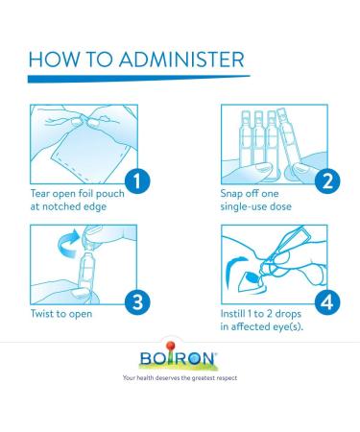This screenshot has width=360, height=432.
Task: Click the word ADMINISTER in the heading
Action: (x=181, y=60)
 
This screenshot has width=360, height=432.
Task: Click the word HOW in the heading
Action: (x=54, y=60)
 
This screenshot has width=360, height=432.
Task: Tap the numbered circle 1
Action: (x=137, y=181)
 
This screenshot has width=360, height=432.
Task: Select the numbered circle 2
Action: (x=327, y=181)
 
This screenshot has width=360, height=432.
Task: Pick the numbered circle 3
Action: (x=137, y=301)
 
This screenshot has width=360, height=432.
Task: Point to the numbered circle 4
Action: (x=327, y=301)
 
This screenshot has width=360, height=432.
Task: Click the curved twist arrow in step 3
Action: (x=68, y=244)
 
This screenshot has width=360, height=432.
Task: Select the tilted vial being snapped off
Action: (x=289, y=139)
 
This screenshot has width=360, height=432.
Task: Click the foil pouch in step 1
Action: (x=90, y=153)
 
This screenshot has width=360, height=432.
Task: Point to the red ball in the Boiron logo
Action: (x=171, y=346)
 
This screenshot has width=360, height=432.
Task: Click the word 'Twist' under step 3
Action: (x=43, y=314)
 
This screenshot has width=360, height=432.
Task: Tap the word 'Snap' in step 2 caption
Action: (x=231, y=194)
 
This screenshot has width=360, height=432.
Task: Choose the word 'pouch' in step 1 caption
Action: (x=110, y=194)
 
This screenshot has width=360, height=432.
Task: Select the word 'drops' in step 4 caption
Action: (x=288, y=314)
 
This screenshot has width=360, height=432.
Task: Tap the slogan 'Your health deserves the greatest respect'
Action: (x=180, y=378)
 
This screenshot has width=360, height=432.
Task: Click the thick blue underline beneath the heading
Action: (x=139, y=79)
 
